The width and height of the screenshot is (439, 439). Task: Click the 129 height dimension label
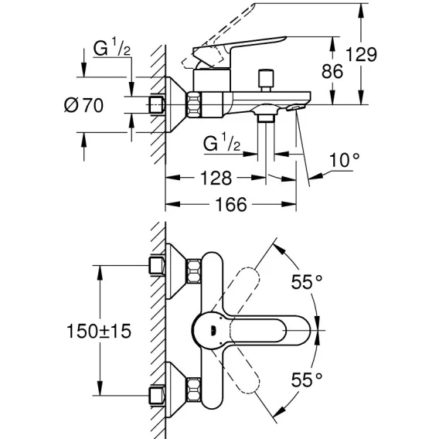[x=361, y=55]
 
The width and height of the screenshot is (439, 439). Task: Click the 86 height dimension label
[x=332, y=71]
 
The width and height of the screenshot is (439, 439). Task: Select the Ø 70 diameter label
[x=84, y=106]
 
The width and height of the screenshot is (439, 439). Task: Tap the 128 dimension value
[x=216, y=178]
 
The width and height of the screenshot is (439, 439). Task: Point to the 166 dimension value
[x=231, y=204]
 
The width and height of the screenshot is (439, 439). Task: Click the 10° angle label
[x=344, y=160]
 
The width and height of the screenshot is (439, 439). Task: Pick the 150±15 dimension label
[x=99, y=331]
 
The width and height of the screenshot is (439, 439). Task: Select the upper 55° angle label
[x=307, y=281]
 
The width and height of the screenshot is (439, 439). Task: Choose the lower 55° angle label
[x=307, y=379]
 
